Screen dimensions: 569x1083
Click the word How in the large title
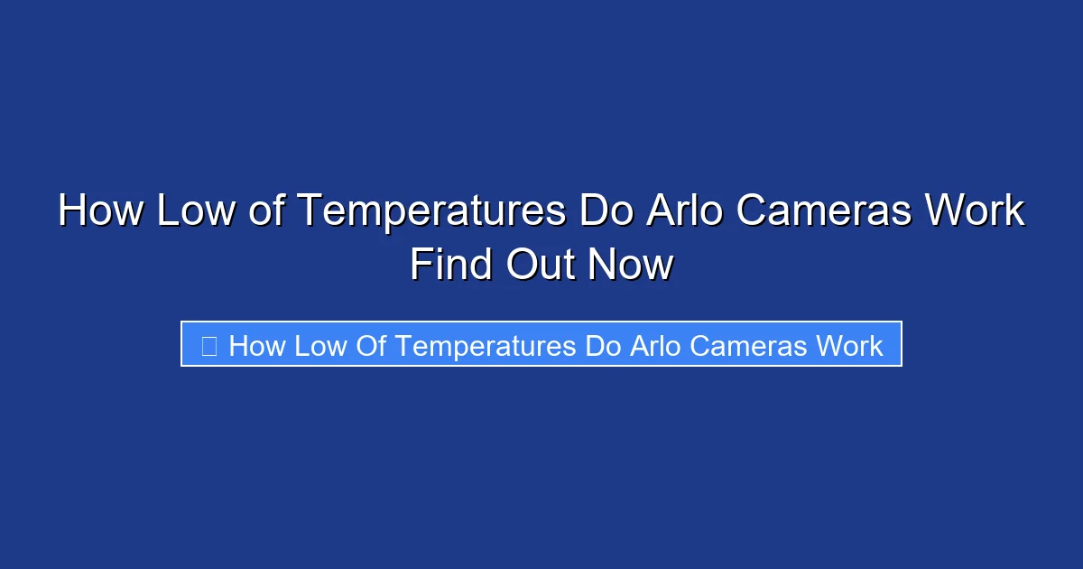click(x=100, y=211)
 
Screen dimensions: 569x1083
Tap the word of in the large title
click(x=268, y=211)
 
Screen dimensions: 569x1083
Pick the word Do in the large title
click(x=606, y=211)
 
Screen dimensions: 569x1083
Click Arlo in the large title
click(x=683, y=211)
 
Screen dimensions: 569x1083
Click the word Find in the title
click(x=449, y=266)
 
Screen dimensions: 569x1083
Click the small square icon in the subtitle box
click(x=208, y=345)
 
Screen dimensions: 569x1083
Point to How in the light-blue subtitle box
click(x=256, y=345)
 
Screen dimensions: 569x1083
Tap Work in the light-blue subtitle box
click(x=850, y=345)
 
